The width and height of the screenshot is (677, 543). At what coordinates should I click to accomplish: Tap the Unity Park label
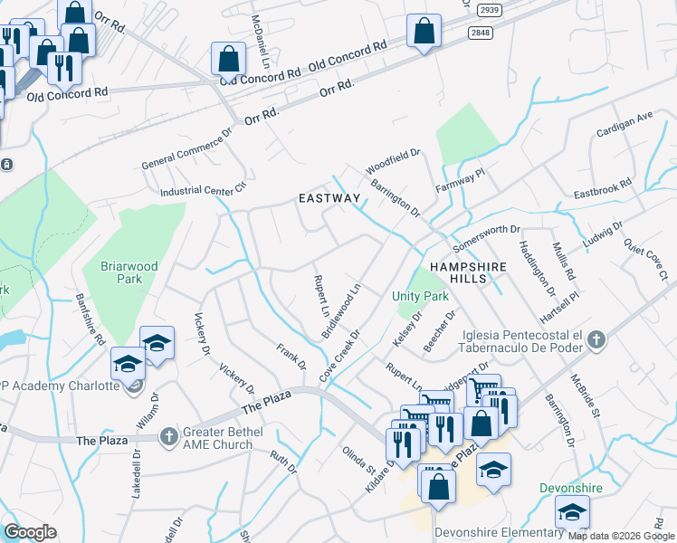(420, 296)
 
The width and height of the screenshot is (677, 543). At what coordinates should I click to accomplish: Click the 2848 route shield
(482, 33)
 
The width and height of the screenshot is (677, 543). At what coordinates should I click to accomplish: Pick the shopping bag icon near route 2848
(423, 32)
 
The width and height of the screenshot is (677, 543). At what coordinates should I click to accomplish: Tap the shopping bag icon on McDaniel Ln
(228, 59)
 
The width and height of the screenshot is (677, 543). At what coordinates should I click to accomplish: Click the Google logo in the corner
(30, 532)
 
